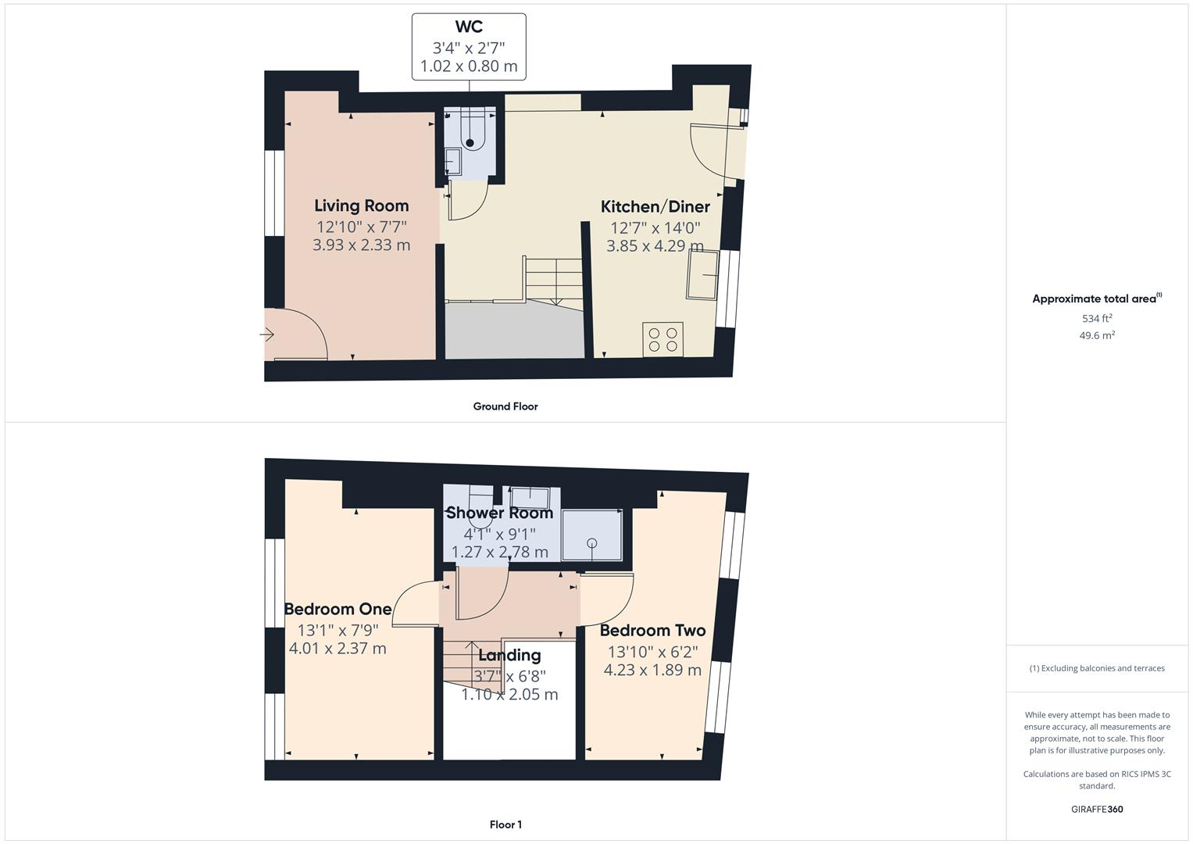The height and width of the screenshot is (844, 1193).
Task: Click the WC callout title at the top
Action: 469,27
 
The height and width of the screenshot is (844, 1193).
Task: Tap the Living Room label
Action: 361,206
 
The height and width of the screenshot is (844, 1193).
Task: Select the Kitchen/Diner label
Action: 655,206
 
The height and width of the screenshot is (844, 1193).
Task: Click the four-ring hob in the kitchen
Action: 663,339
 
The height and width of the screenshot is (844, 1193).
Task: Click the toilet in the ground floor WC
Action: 470,133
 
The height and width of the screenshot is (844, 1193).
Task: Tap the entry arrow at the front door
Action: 267,335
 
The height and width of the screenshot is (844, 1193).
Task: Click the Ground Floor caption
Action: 505,406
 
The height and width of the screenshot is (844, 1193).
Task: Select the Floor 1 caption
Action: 505,824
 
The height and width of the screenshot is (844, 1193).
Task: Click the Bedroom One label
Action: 338,609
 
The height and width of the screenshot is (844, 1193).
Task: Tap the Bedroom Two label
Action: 652,630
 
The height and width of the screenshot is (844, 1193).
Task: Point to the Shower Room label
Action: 499,513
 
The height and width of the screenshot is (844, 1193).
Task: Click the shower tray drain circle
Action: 592,542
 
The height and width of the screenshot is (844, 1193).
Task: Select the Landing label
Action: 509,655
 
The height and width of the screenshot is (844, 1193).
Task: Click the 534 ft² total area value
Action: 1097,318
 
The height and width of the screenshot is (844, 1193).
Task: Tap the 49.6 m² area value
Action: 1097,335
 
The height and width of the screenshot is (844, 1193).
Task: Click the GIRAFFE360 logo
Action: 1097,809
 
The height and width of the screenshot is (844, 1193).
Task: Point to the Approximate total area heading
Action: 1096,299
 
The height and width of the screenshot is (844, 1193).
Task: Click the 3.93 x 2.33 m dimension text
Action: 361,245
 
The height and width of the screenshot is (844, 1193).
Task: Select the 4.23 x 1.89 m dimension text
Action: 652,671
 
